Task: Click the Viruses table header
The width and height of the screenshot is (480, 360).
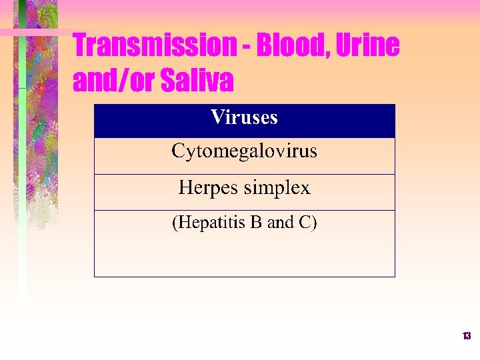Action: [244, 118]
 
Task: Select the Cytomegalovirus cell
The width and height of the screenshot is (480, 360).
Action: [244, 151]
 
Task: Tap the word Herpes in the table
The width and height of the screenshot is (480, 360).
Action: [209, 188]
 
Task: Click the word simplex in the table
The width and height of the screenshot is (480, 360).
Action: [277, 189]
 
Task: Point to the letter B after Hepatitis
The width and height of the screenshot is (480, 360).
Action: [256, 223]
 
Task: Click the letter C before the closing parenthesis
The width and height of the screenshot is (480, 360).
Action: [304, 223]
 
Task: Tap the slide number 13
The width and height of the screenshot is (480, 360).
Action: [467, 336]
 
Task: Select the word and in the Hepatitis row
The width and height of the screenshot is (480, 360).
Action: [281, 223]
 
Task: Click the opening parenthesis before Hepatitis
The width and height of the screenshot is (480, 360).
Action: [175, 223]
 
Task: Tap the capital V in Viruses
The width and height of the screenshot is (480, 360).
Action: [217, 118]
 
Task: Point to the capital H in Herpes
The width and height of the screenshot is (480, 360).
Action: [185, 188]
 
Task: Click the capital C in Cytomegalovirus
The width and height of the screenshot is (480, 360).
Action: [178, 151]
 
